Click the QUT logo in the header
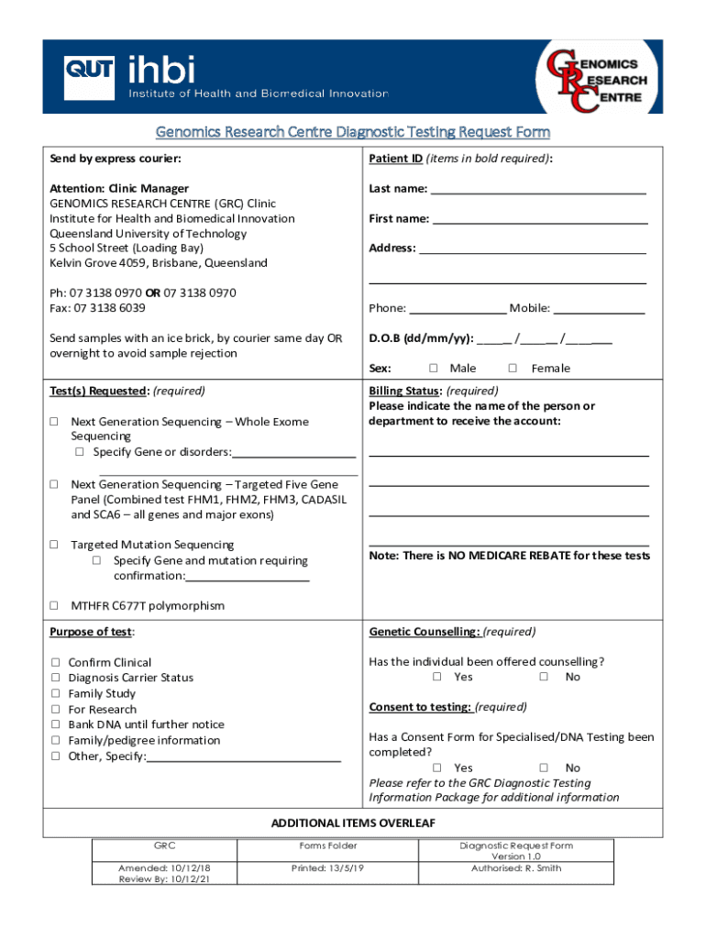click(x=89, y=77)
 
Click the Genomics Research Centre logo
click(x=595, y=79)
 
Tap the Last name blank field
click(x=538, y=190)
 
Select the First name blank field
click(x=540, y=220)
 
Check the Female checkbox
click(x=513, y=369)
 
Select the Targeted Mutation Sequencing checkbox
click(x=54, y=545)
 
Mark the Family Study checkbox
click(x=56, y=694)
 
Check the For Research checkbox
click(x=56, y=710)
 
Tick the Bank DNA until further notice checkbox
click(x=56, y=725)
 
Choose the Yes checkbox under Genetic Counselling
click(x=437, y=678)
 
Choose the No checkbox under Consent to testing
click(x=544, y=768)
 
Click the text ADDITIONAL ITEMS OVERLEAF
click(x=353, y=823)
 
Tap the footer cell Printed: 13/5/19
click(x=328, y=868)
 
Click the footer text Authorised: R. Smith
click(x=516, y=868)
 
